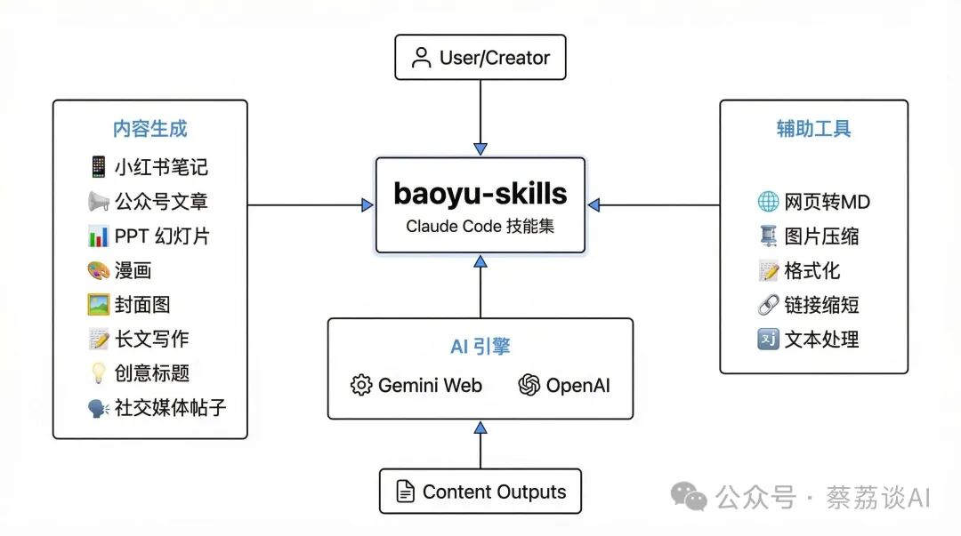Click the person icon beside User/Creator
422,59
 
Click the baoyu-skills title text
480,193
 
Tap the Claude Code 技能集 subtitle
480,226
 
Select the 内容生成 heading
149,129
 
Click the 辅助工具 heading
813,129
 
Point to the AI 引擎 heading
480,347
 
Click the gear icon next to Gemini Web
361,386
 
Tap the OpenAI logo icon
529,386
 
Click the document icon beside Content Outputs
405,492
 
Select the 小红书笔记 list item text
161,167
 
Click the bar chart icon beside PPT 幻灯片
98,236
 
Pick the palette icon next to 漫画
98,270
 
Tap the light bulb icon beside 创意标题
98,373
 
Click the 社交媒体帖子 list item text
170,408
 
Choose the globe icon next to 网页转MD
767,202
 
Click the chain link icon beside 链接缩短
767,305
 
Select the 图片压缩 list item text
821,236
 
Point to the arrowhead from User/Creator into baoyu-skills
480,148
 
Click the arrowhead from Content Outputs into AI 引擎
480,428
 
